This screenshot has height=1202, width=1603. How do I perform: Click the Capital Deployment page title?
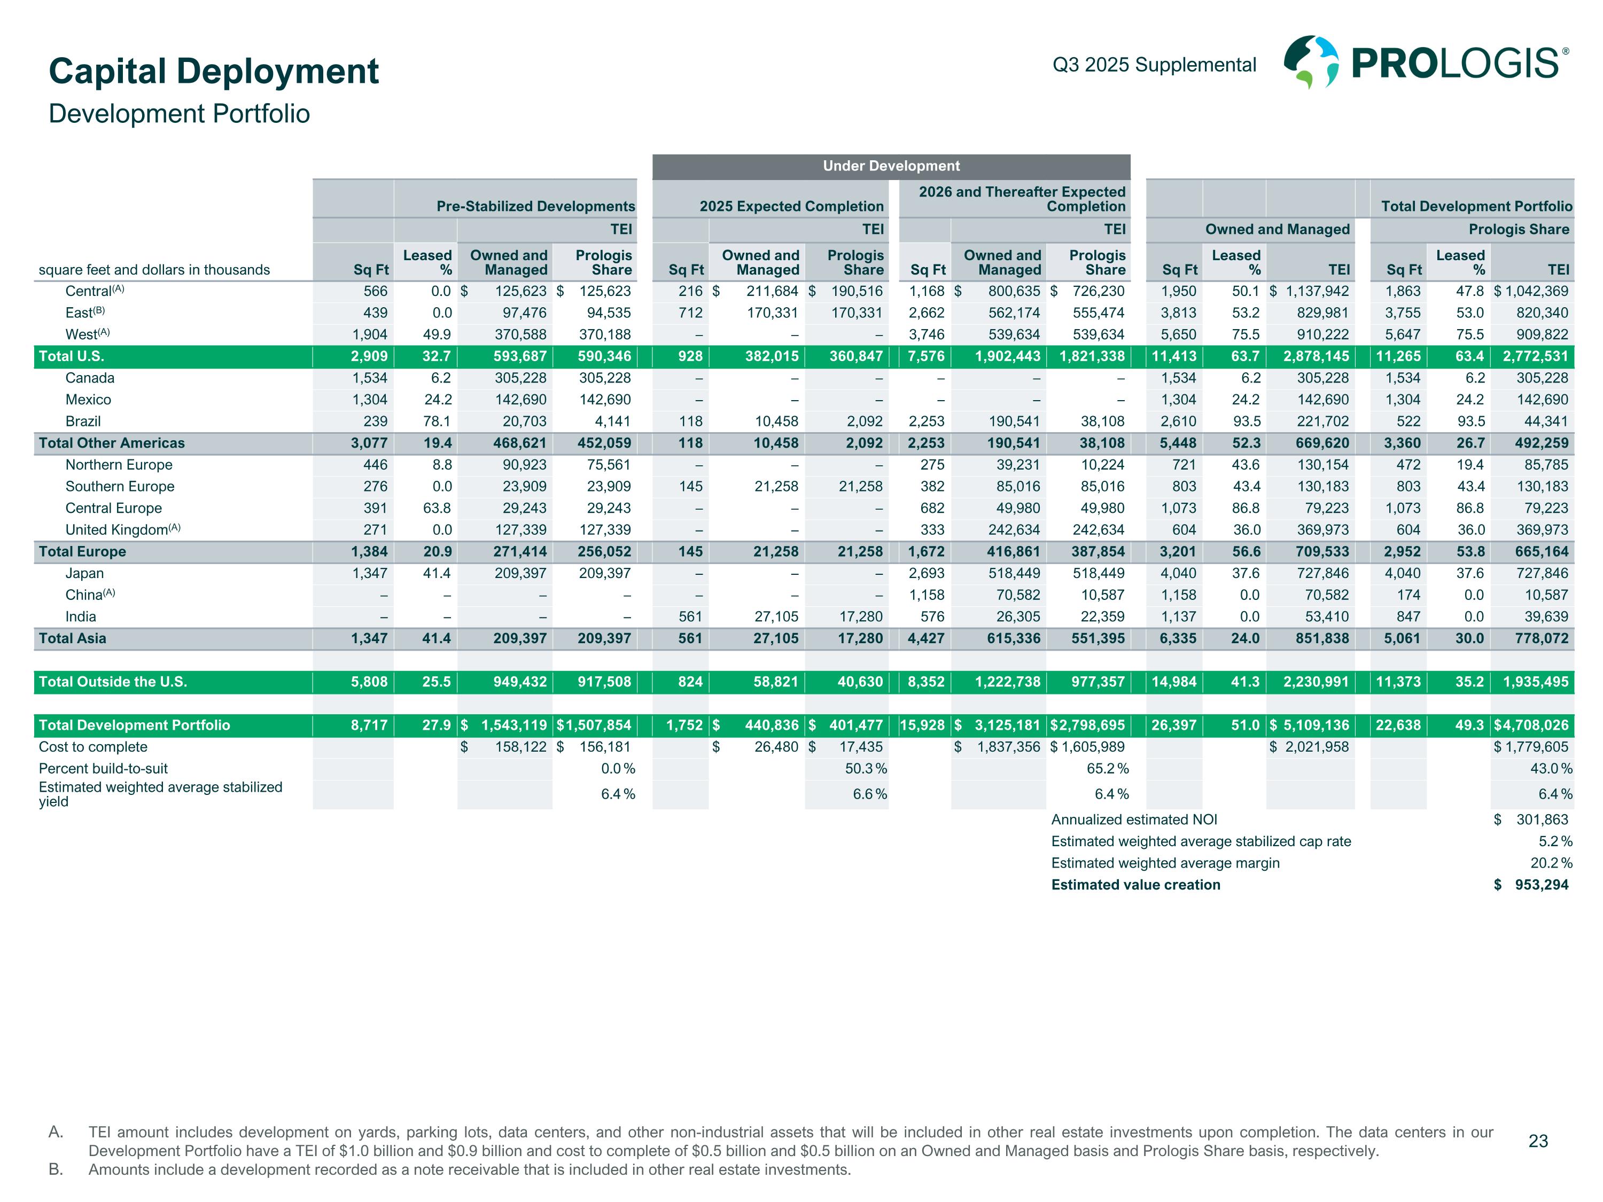(x=214, y=71)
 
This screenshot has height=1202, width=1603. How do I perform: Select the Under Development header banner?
(x=891, y=166)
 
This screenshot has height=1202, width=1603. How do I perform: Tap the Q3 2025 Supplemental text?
(x=1154, y=65)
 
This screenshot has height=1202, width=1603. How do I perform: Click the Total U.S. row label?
(x=72, y=356)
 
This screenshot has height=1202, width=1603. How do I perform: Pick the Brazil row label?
(x=83, y=422)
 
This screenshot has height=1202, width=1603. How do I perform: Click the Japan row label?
(x=84, y=574)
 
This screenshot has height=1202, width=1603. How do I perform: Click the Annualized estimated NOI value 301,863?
(x=1542, y=820)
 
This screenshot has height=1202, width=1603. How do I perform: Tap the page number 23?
(x=1538, y=1141)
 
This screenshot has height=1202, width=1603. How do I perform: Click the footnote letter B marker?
(x=56, y=1169)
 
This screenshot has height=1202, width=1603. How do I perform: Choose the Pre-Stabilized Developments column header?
(x=535, y=207)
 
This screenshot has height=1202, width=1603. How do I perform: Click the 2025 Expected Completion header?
(x=791, y=207)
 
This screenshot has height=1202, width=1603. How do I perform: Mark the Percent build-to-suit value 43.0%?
(x=1551, y=769)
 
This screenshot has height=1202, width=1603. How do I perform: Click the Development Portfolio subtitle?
(x=179, y=114)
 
